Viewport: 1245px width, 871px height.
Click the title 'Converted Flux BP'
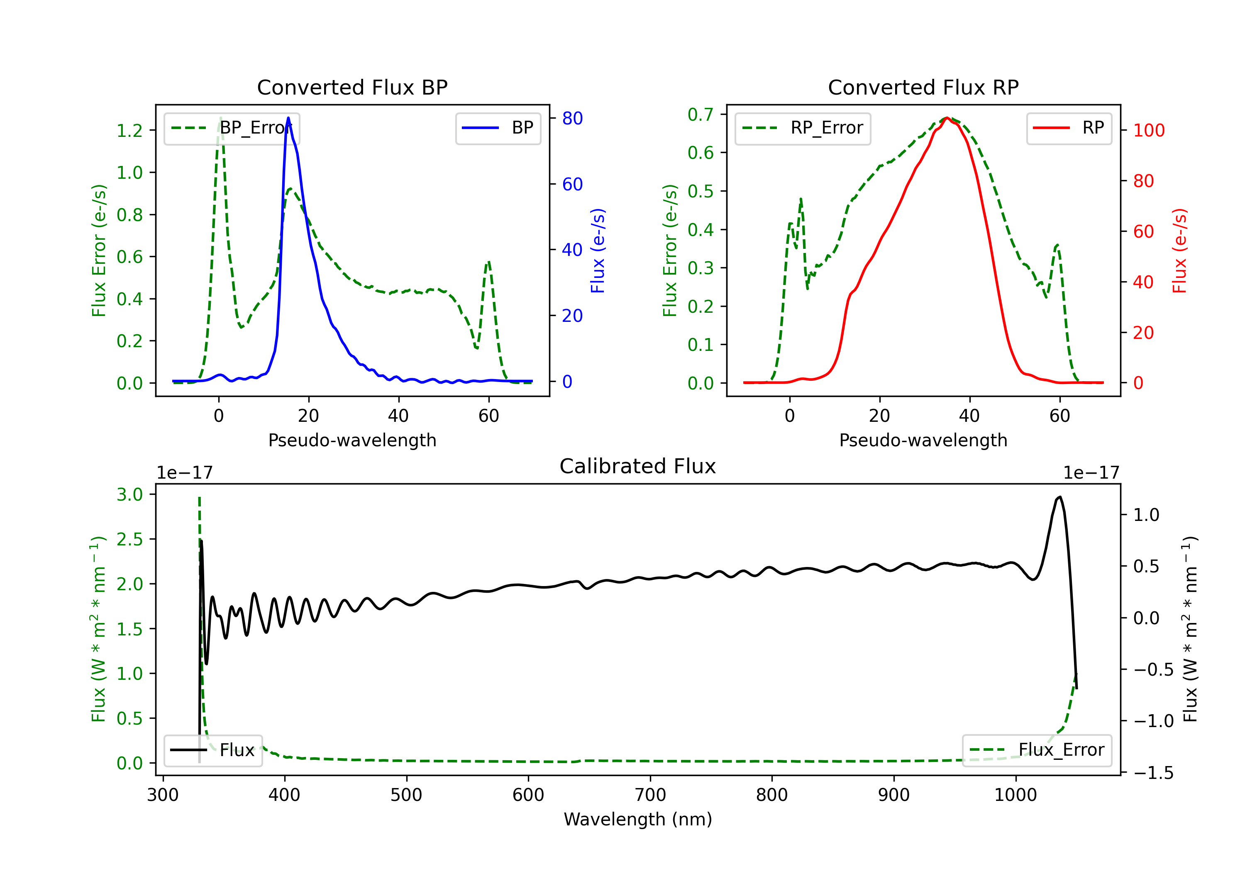(352, 87)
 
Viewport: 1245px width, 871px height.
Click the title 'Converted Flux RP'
(923, 87)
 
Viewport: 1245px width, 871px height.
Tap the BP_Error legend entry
(232, 128)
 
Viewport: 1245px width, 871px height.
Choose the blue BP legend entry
(498, 128)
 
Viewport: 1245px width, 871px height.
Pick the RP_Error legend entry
(803, 128)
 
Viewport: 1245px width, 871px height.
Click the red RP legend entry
(1069, 128)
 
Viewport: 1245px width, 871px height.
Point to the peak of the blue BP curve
(288, 118)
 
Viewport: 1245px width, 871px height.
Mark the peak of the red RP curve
(947, 118)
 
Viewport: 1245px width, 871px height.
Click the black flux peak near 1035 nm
(1059, 497)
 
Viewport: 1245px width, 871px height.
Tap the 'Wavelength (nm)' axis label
(638, 819)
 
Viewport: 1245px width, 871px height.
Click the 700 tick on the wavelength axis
(650, 795)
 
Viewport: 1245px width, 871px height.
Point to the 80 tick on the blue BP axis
(572, 118)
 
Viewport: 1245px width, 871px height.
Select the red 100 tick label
(1148, 130)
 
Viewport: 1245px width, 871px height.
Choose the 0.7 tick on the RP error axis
(700, 114)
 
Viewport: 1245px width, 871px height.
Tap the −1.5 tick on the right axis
(1153, 772)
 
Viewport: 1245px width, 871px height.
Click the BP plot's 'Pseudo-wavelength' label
(352, 440)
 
